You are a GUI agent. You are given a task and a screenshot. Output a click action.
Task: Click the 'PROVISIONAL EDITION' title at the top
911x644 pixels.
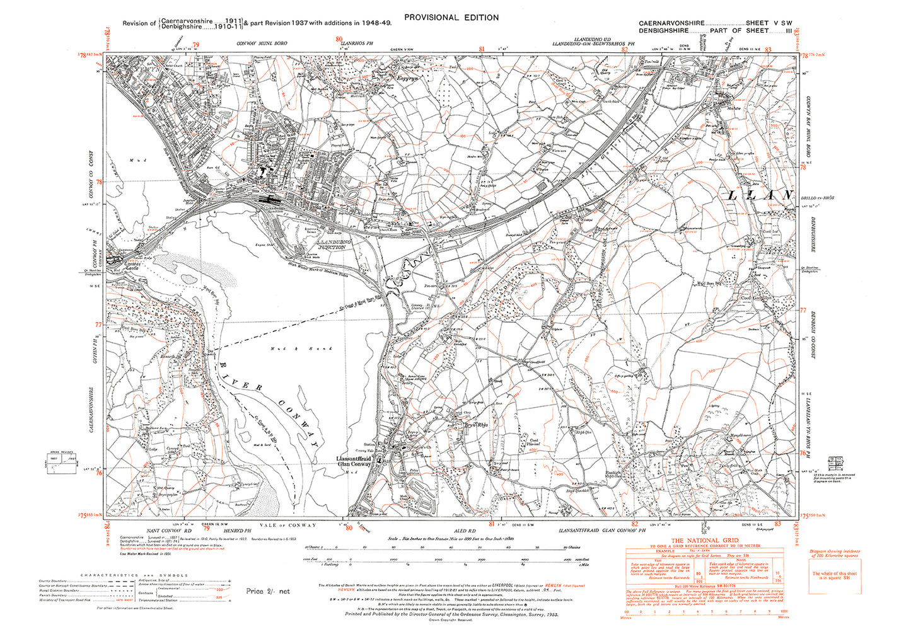click(451, 18)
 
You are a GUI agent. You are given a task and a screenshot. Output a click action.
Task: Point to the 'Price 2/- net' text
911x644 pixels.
click(267, 591)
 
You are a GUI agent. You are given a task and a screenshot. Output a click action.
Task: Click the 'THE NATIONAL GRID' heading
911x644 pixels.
click(704, 541)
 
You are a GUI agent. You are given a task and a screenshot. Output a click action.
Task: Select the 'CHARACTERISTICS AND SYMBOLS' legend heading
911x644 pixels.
click(134, 575)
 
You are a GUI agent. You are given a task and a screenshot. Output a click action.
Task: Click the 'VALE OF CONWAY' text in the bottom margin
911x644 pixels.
click(287, 525)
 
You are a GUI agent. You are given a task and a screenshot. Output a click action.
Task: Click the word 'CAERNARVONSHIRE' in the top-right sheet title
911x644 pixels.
click(671, 23)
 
